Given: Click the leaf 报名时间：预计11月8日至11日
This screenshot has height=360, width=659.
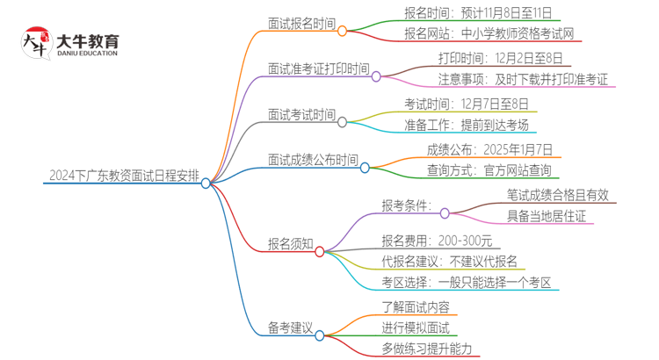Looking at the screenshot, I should (x=478, y=14).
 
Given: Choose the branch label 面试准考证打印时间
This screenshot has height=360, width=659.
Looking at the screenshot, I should (x=318, y=68).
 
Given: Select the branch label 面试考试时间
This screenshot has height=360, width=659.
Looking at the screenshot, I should (x=301, y=114).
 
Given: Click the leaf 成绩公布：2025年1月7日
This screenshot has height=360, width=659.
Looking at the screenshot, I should (x=489, y=149).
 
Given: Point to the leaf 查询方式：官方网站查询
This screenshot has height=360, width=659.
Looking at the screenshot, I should (x=489, y=170).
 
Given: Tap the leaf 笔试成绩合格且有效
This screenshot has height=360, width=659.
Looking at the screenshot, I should (x=557, y=196).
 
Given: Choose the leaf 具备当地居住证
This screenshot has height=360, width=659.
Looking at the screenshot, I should (x=546, y=217).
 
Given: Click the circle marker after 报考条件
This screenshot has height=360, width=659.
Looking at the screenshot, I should (x=445, y=212).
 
